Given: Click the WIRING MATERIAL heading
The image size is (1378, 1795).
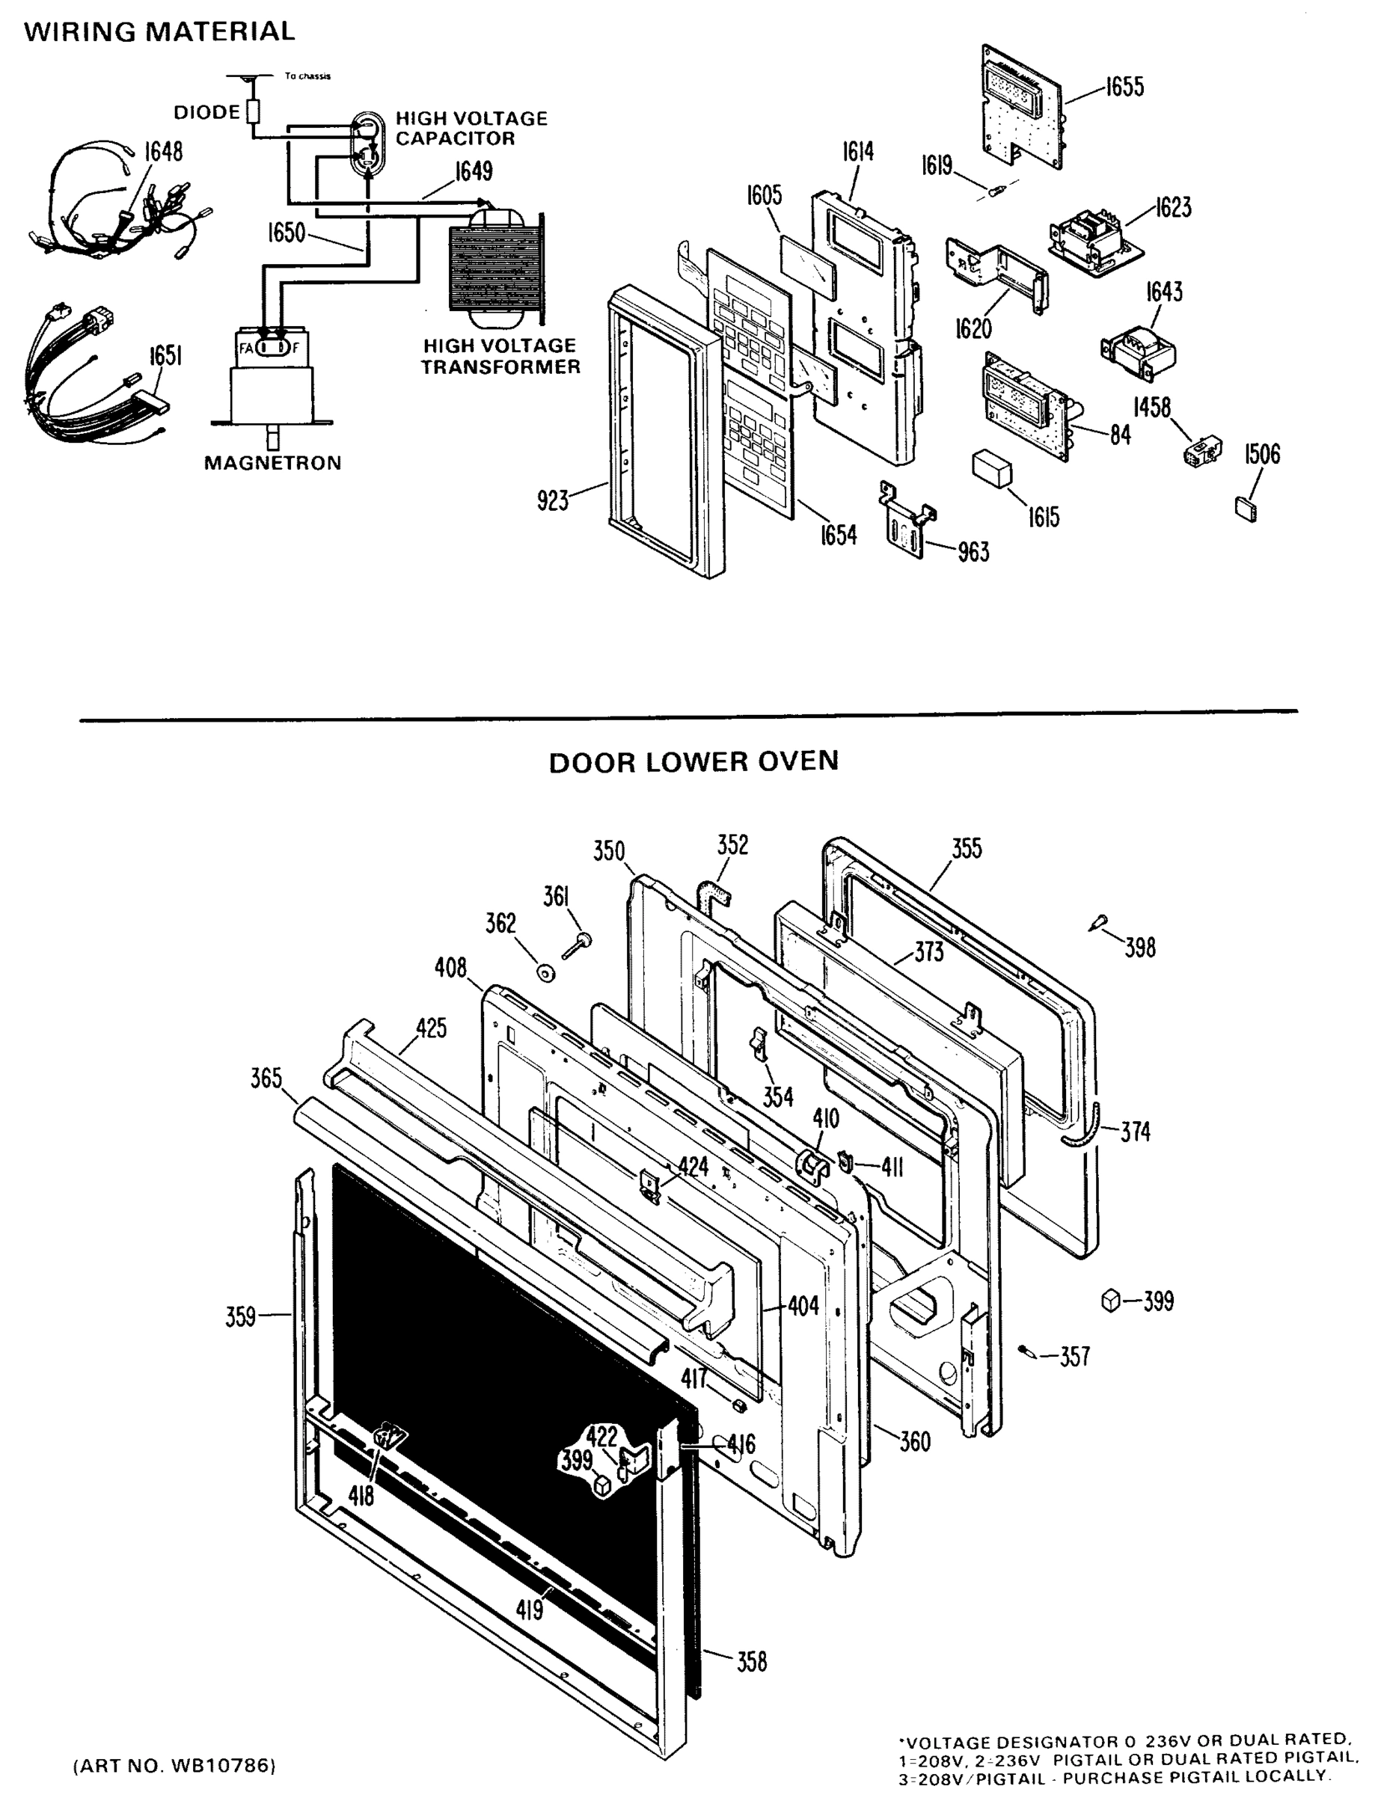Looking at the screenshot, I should [159, 31].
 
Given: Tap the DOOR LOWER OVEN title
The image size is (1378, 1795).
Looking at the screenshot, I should [693, 762].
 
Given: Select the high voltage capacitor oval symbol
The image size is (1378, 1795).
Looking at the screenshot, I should [367, 143].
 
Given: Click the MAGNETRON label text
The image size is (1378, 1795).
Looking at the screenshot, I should [272, 463].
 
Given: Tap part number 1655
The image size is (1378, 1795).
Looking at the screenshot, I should [1124, 87].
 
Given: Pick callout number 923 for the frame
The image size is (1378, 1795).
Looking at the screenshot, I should [552, 500].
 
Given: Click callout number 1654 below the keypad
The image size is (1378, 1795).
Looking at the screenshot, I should [839, 535].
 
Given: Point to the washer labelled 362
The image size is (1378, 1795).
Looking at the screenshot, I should [545, 973].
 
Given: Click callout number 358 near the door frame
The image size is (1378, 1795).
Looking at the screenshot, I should [751, 1662].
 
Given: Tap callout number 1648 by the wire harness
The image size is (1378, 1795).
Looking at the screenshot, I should [163, 152].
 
